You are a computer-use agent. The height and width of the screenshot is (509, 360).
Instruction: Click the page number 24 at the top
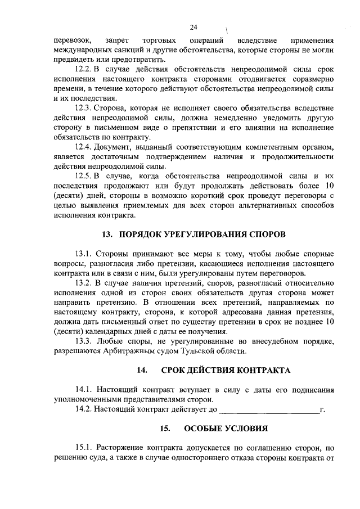(193, 27)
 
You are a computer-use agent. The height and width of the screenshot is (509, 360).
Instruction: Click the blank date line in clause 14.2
(268, 409)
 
